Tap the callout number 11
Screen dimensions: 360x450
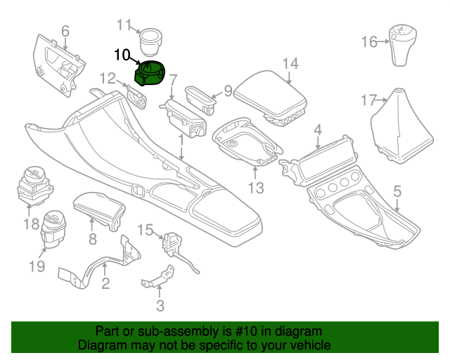pyautogui.click(x=124, y=26)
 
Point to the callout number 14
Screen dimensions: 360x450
pyautogui.click(x=290, y=64)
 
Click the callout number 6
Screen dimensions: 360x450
pyautogui.click(x=65, y=31)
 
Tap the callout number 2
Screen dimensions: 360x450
pyautogui.click(x=105, y=284)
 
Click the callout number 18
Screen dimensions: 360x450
pyautogui.click(x=30, y=224)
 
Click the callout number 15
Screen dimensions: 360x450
pyautogui.click(x=145, y=230)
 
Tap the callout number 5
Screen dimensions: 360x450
pyautogui.click(x=397, y=191)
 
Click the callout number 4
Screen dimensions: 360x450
pyautogui.click(x=318, y=130)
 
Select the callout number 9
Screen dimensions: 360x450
pyautogui.click(x=227, y=90)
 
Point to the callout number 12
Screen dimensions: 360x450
pyautogui.click(x=107, y=78)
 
